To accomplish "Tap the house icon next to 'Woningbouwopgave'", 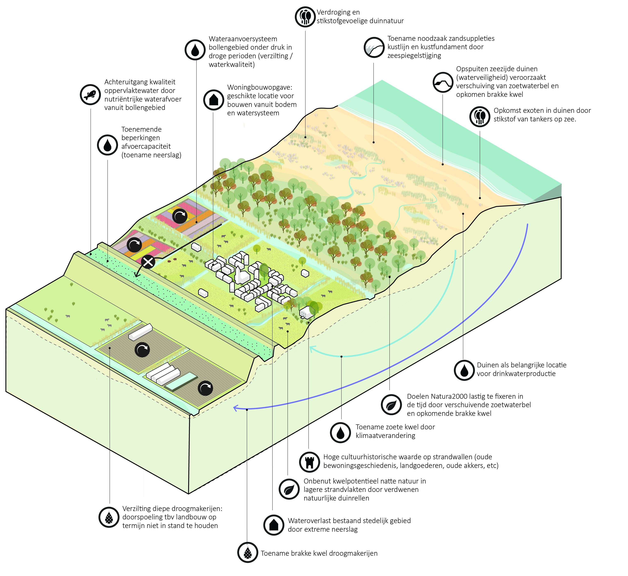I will [x=213, y=100].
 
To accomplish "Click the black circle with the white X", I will [x=148, y=262].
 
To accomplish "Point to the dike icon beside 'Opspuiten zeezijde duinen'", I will [x=443, y=82].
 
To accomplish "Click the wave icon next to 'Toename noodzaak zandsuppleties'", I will [x=374, y=47].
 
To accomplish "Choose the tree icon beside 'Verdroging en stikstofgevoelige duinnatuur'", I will [x=305, y=17].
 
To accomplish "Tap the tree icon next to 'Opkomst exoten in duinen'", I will [x=480, y=117].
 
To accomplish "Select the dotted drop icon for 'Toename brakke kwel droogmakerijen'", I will [x=248, y=552].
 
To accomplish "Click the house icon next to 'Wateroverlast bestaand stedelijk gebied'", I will [x=274, y=525].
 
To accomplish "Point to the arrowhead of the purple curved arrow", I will [x=235, y=407].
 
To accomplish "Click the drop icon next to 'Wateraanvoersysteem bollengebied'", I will [x=195, y=50].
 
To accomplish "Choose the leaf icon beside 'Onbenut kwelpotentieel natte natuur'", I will [x=289, y=489].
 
